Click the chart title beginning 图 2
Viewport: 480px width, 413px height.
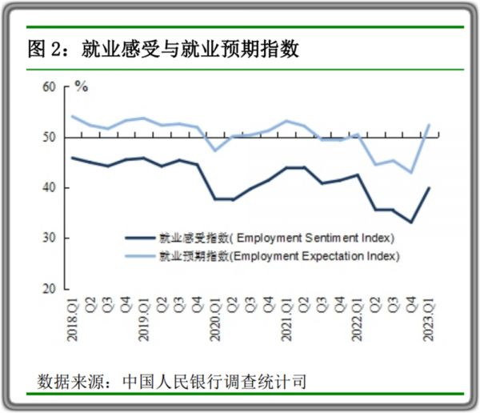[x=163, y=50]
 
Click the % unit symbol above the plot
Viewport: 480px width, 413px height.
[x=81, y=84]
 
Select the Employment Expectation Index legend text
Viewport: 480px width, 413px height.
[x=279, y=256]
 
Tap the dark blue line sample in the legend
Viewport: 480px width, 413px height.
[x=140, y=238]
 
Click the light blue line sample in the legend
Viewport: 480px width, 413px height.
[x=140, y=256]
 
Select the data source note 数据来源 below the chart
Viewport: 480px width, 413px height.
[x=172, y=380]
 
